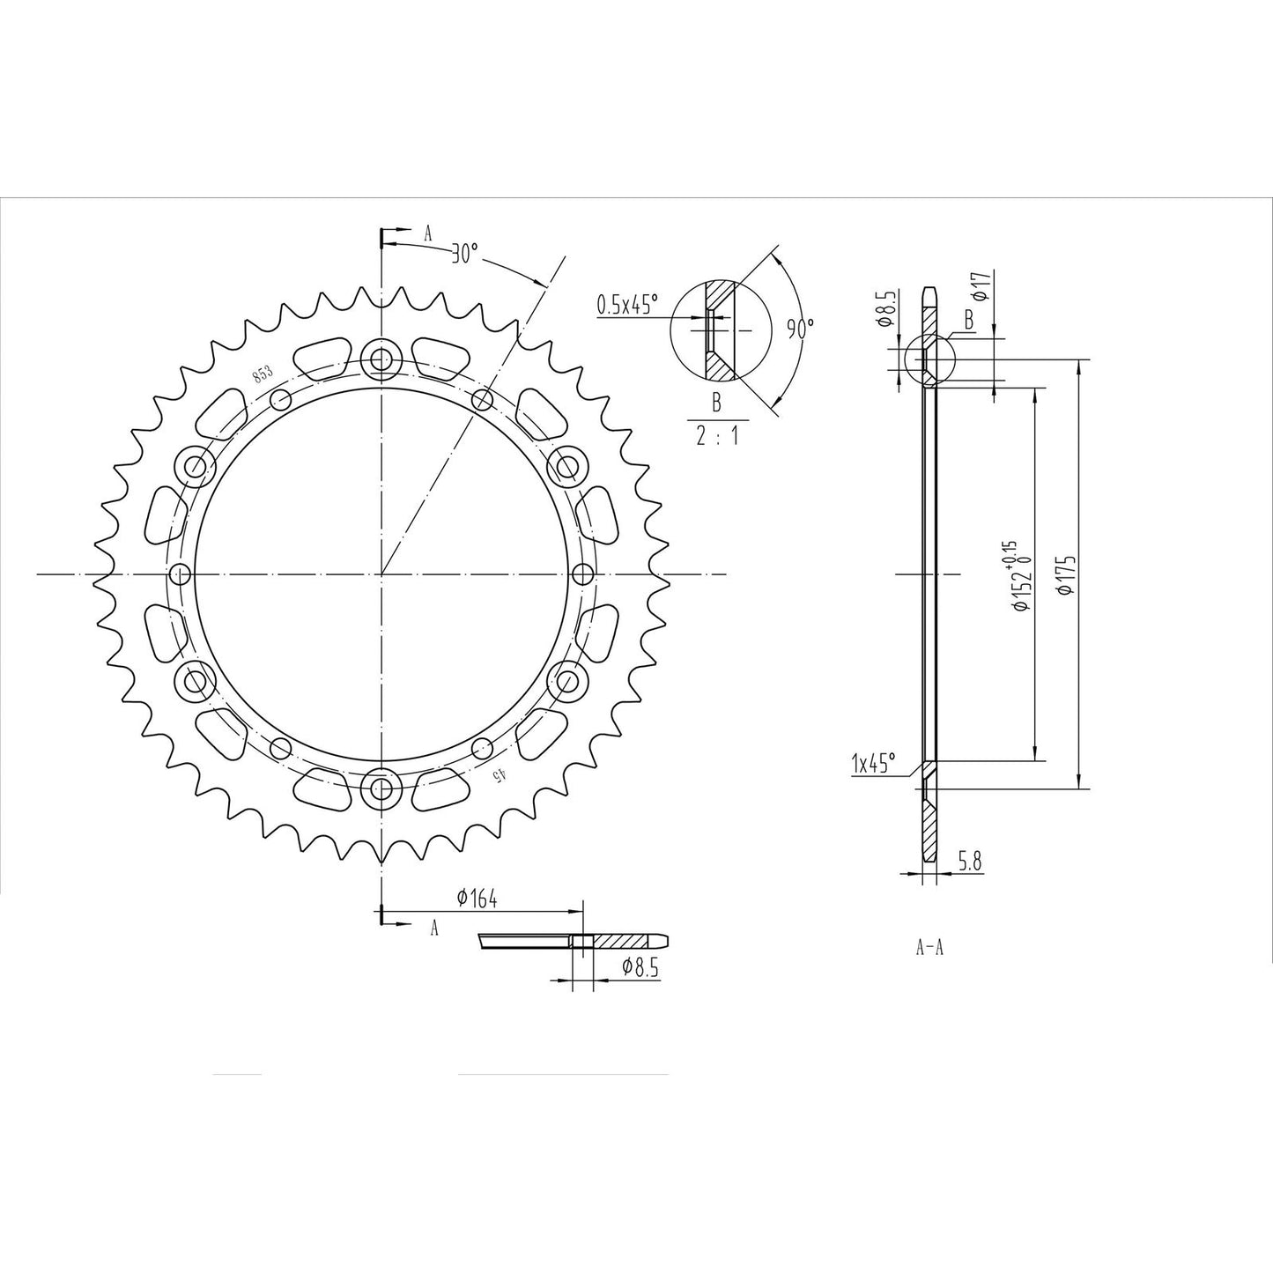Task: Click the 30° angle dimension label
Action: [463, 255]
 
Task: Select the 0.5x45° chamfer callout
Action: [627, 306]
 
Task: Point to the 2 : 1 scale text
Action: [717, 436]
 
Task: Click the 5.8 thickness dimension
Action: [970, 864]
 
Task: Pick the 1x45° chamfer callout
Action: [873, 763]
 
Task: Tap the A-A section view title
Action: [930, 948]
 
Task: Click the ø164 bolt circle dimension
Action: [477, 899]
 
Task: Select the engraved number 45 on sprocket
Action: [499, 775]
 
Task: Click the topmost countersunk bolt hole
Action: [381, 359]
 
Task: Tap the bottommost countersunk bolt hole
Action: [381, 789]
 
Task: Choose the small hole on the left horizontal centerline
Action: [181, 575]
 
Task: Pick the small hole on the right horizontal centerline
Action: [581, 575]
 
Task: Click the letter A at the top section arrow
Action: [429, 233]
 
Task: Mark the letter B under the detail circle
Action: [716, 403]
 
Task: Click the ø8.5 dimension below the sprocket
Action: [640, 966]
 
